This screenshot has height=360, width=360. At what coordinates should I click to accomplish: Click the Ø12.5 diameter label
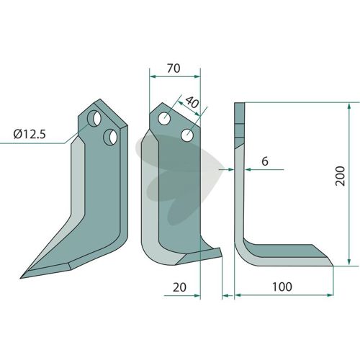(x=30, y=134)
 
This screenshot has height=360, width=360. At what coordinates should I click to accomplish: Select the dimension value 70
(x=174, y=68)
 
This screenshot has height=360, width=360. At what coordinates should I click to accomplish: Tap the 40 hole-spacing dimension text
(x=192, y=102)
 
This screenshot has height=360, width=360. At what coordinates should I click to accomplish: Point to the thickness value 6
(x=265, y=161)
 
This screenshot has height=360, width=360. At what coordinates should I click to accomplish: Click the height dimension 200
(x=341, y=176)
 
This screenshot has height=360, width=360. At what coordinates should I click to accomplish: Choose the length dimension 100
(x=282, y=287)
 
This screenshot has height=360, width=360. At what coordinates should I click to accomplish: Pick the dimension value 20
(x=179, y=287)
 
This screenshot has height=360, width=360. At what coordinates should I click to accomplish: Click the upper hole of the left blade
(x=94, y=118)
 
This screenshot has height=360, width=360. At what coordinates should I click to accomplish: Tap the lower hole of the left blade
(x=110, y=137)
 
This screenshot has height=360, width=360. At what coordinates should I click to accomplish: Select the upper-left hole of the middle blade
(x=164, y=118)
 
